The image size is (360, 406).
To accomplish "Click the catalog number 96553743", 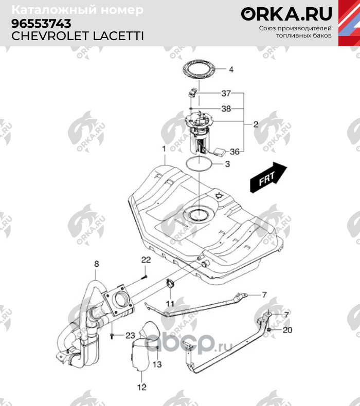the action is coord(41,23).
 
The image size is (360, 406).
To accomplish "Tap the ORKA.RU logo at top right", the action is coord(286,14).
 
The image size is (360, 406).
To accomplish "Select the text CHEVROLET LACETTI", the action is coord(77,36).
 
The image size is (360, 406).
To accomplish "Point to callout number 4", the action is coord(231,69).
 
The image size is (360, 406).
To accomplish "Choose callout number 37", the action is coord(226,94).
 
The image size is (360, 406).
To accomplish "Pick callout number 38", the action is coord(226,109).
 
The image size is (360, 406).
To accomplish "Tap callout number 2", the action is coord(255,124).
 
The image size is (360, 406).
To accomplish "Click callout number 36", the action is coord(235,152).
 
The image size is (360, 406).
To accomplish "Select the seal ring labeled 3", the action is coord(198,164).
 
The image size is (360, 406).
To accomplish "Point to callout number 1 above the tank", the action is coord(163,149).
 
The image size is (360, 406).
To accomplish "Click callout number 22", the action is coord(146,259).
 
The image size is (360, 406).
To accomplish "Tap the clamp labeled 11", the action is coord(170,283).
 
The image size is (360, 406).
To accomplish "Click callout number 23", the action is coord(130,336).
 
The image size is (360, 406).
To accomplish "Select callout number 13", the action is coord(156,364).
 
